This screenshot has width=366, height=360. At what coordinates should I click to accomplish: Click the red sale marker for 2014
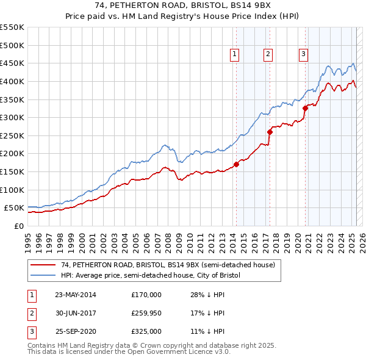[x=236, y=164]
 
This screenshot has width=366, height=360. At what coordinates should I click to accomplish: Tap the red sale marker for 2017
[x=270, y=131]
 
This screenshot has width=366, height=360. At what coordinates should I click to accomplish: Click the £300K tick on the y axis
[x=12, y=117]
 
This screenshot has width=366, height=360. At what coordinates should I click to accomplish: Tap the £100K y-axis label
[x=12, y=190]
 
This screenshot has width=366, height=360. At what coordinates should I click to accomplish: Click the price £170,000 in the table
[x=146, y=294]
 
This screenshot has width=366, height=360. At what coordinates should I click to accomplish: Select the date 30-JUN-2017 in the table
[x=75, y=313]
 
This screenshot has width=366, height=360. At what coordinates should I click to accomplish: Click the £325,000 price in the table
[x=146, y=332]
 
